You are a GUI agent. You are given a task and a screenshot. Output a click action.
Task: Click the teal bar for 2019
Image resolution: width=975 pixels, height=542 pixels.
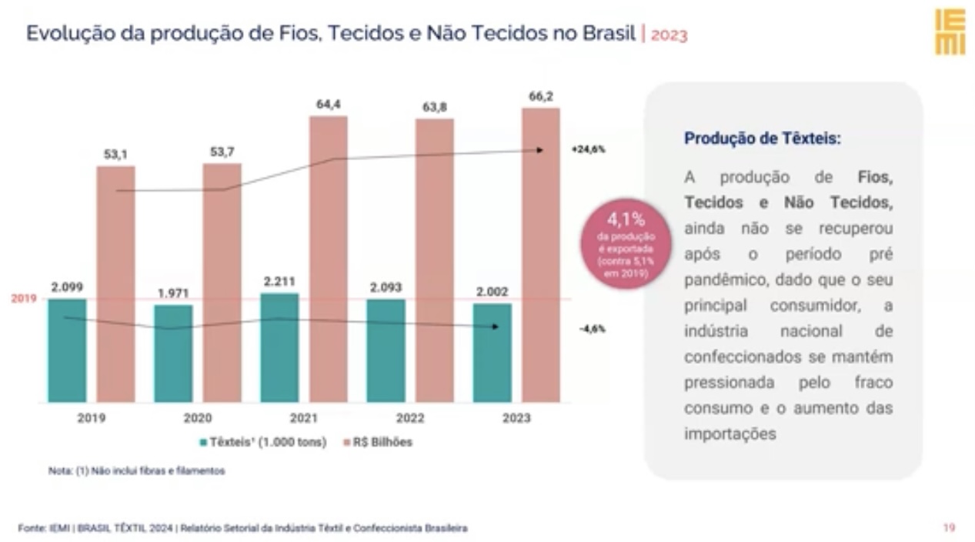point(67,350)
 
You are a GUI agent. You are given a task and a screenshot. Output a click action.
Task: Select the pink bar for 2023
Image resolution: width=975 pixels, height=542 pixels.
point(541,255)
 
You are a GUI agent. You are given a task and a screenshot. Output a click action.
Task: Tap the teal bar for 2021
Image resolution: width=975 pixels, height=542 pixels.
point(279,347)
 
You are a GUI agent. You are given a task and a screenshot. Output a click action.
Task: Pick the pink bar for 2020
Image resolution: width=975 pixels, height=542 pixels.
point(222,283)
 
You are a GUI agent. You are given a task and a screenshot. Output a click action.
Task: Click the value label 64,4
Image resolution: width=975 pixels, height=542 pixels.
point(329,105)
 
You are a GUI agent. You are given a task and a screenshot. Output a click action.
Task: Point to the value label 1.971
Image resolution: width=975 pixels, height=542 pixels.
point(173,293)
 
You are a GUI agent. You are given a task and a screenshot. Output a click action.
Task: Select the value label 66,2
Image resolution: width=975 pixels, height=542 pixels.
point(541,96)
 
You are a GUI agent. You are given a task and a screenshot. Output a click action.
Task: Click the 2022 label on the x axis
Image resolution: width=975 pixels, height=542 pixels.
point(410,418)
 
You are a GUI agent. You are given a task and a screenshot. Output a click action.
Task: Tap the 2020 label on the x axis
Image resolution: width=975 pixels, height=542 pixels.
point(198,418)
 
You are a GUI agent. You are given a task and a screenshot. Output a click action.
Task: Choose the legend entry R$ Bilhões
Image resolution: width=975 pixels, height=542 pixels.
point(378,443)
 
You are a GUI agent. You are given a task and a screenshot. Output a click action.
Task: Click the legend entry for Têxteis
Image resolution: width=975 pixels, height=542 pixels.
point(263,443)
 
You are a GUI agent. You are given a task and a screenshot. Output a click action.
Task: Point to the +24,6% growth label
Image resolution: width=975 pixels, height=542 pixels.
point(589,149)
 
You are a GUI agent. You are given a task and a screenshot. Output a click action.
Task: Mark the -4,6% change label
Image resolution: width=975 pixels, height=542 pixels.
point(593,329)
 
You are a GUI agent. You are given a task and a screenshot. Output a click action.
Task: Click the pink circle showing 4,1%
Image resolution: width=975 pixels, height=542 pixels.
point(626,244)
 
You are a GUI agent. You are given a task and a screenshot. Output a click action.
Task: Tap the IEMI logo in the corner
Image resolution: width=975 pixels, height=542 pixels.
point(950,32)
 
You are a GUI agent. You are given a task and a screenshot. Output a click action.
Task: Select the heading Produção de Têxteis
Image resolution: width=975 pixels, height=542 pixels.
point(763,139)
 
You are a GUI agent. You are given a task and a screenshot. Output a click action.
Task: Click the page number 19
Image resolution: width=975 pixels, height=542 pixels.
point(950,527)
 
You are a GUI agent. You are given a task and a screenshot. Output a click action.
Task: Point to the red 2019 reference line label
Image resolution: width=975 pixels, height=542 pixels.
point(24,299)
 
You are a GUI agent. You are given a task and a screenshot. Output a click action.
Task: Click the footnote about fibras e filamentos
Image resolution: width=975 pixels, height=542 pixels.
point(137,470)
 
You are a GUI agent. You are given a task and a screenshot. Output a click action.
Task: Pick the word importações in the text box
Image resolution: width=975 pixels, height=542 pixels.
point(730,434)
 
